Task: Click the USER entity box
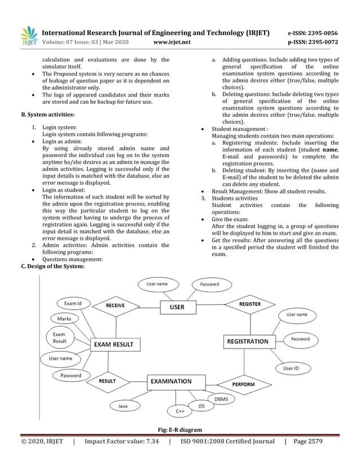[x=177, y=307]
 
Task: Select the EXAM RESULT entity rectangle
[x=113, y=344]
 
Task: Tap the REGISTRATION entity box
[x=247, y=341]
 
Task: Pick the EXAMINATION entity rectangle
[x=170, y=381]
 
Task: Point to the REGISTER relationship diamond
[x=249, y=304]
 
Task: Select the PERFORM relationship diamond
[x=243, y=384]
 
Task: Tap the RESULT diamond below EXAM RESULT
[x=107, y=381]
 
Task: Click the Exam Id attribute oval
[x=73, y=304]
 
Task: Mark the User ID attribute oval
[x=291, y=368]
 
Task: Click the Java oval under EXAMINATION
[x=122, y=406]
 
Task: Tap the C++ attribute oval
[x=180, y=411]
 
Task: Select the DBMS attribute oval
[x=221, y=398]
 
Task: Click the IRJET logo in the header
[x=29, y=36]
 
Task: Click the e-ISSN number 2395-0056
[x=320, y=33]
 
